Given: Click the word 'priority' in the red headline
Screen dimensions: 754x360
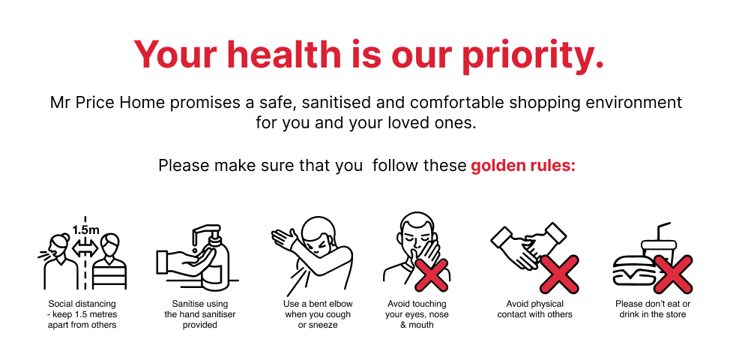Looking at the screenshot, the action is [532, 55].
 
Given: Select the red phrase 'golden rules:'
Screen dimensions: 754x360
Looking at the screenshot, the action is [523, 166].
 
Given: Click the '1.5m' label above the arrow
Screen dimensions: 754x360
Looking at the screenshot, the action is [86, 229].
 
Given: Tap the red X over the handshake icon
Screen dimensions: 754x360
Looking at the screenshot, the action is [559, 274].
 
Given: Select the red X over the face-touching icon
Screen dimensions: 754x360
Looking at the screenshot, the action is [432, 274].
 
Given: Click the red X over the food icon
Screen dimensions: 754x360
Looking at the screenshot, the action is [674, 274].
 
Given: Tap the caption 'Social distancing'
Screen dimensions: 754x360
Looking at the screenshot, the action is [82, 304].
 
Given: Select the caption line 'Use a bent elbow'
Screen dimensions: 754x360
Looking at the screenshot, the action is [318, 304].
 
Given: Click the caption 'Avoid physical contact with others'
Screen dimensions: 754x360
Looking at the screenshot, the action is [534, 309].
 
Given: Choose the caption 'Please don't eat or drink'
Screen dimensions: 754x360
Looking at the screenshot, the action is [653, 309].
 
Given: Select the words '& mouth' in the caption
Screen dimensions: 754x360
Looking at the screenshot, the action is [417, 325].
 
